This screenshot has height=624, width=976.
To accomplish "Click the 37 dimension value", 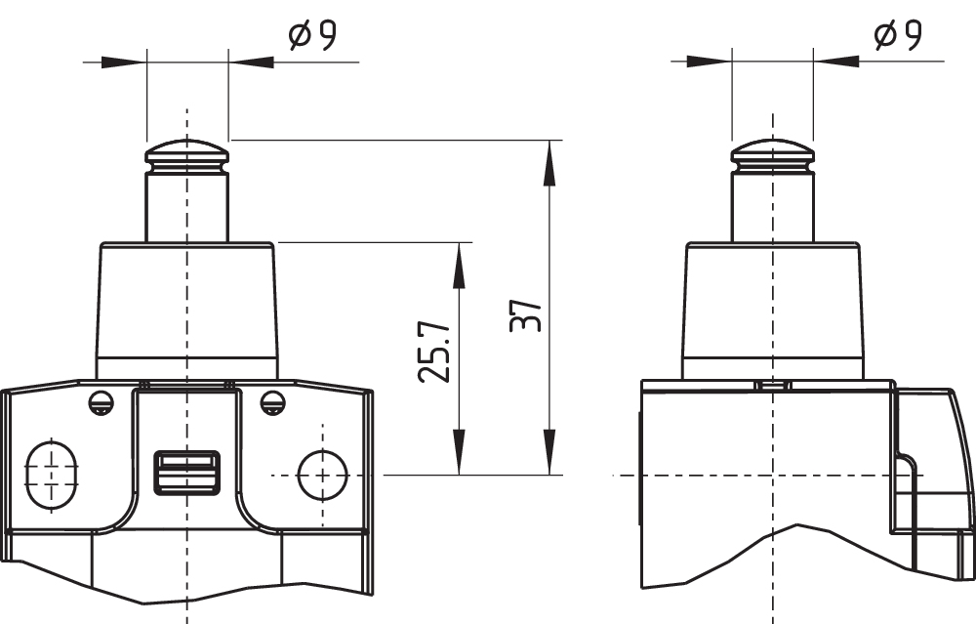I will pyautogui.click(x=526, y=314).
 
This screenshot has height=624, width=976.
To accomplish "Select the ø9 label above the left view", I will pyautogui.click(x=312, y=37).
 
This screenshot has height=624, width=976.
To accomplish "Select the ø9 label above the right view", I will pyautogui.click(x=898, y=37).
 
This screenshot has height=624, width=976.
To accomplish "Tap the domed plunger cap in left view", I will pyautogui.click(x=186, y=153).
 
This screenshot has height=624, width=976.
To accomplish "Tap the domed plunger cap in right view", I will pyautogui.click(x=773, y=153).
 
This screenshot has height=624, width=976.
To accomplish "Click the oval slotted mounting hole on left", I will pyautogui.click(x=45, y=476).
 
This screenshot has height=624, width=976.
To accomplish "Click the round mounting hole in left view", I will pyautogui.click(x=322, y=476).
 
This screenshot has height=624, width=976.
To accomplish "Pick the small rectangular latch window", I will pyautogui.click(x=186, y=473).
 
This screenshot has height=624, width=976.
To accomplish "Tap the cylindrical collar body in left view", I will pyautogui.click(x=186, y=308).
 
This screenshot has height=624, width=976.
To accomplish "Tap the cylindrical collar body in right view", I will pyautogui.click(x=773, y=308).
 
